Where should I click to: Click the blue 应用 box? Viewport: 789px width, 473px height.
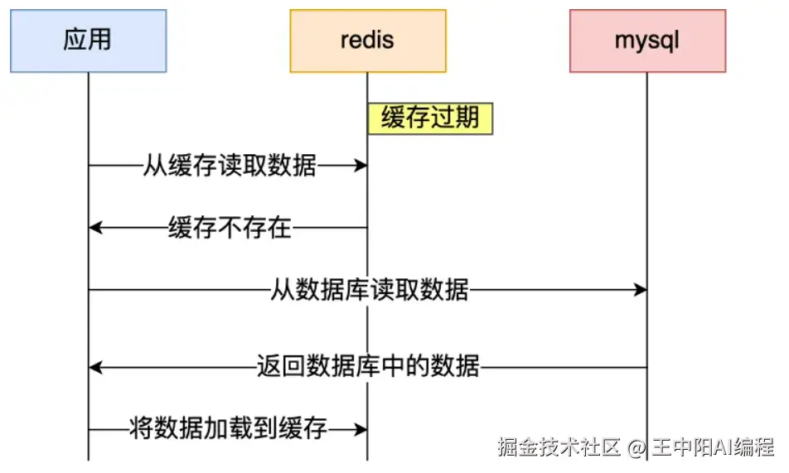(89, 41)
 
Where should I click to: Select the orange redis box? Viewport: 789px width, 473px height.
(368, 41)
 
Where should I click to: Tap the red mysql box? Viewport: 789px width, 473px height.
(647, 41)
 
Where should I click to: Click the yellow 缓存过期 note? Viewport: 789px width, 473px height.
(430, 118)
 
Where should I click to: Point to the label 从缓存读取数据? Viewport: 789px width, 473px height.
(230, 165)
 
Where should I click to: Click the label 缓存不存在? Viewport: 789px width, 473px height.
(230, 228)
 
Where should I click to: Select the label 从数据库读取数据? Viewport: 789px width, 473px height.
(370, 289)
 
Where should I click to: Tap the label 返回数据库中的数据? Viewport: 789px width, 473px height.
(368, 366)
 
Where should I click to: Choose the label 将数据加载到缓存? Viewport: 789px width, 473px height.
(229, 429)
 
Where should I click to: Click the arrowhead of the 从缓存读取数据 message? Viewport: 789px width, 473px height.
(361, 165)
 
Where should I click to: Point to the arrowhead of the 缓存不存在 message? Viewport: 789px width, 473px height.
(95, 228)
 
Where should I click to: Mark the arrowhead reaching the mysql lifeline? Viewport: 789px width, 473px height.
(640, 289)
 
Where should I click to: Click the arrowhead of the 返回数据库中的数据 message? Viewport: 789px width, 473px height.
(95, 367)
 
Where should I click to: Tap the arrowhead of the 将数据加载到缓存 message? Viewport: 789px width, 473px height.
(361, 430)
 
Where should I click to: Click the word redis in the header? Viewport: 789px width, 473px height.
(367, 39)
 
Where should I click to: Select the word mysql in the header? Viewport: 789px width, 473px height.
(647, 41)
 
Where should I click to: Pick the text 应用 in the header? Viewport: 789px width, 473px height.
(88, 39)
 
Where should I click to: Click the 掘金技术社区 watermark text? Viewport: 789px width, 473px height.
(559, 446)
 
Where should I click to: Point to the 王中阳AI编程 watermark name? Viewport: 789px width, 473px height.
(714, 446)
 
